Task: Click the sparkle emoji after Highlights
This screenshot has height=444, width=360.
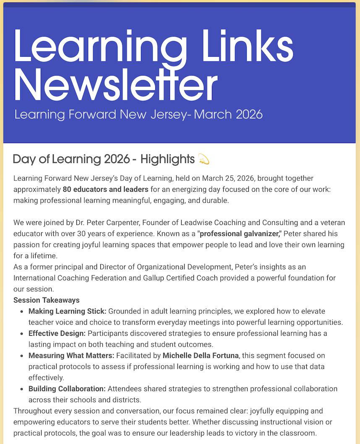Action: coord(203,159)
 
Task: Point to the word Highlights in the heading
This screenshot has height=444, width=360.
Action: coord(167,159)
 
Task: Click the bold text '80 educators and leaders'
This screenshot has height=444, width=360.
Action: coord(105,189)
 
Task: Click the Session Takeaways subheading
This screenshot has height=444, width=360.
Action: coord(47,300)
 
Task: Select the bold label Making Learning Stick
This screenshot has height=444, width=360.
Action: coord(67,311)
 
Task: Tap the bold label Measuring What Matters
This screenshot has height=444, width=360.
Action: coord(71,355)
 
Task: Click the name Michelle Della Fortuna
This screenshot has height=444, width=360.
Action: coord(201,355)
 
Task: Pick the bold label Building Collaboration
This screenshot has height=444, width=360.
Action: coord(67,389)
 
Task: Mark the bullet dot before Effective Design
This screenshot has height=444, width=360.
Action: coord(22,334)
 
